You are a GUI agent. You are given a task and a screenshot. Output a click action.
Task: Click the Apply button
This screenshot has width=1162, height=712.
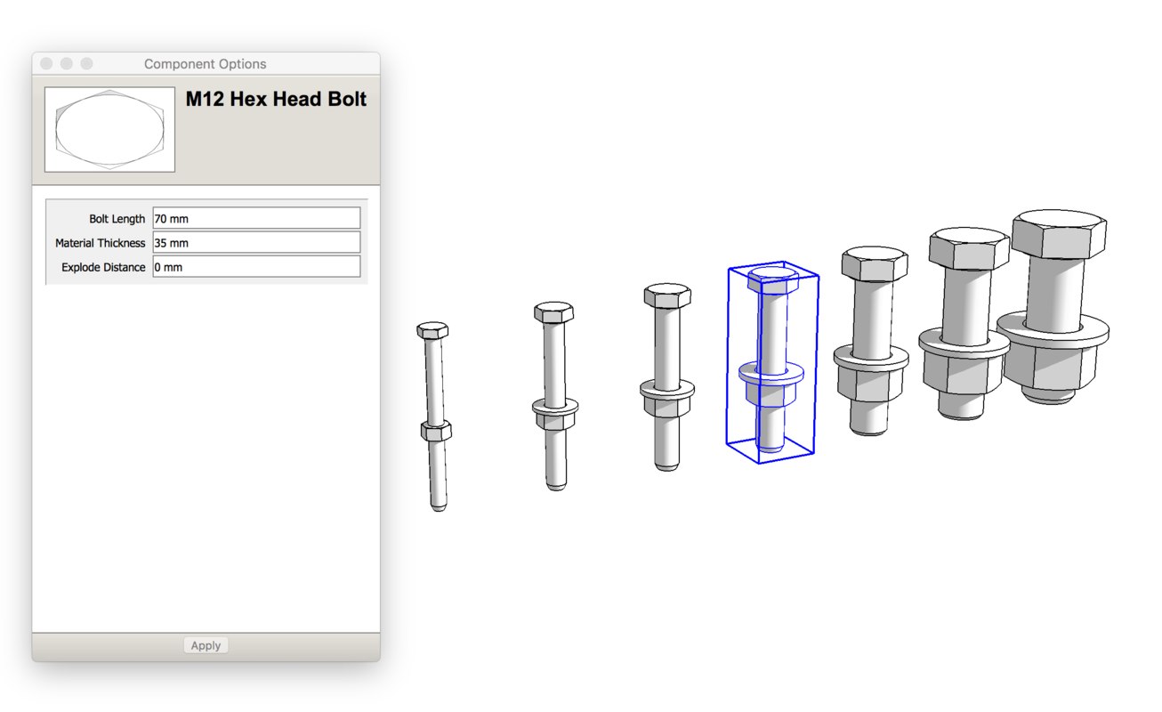coord(206,645)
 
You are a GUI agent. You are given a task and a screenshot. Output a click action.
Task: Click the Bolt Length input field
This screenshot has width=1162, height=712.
coord(256,218)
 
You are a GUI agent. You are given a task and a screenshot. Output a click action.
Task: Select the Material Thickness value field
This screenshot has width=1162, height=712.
coord(256,243)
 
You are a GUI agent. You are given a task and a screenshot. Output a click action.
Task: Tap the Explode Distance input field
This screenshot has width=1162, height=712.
coord(256,267)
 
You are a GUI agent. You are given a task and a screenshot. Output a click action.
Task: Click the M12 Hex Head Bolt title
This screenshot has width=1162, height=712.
coord(276,100)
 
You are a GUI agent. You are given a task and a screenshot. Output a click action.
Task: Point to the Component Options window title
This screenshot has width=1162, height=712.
coord(206,64)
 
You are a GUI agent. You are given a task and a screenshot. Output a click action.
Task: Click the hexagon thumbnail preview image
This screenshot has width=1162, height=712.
coord(109,129)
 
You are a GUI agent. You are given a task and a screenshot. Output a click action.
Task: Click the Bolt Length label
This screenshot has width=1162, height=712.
coord(117,219)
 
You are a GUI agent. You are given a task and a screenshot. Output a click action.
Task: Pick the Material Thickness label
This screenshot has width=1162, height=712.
coord(100,243)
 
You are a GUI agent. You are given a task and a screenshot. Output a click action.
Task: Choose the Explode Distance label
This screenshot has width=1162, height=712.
coord(103,267)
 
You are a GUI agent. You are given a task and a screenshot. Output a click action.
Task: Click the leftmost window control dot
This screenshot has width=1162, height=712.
coord(46,64)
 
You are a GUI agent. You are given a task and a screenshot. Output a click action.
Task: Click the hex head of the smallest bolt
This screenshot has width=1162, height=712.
coord(432,330)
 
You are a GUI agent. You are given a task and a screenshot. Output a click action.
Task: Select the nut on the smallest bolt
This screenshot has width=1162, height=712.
coord(436,433)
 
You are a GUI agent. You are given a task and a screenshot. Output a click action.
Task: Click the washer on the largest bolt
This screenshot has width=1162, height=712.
coord(1053,328)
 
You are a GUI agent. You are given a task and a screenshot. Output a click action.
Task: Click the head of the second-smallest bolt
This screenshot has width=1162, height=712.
coord(553,312)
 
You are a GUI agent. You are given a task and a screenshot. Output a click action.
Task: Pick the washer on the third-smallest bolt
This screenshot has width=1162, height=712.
coord(667,389)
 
